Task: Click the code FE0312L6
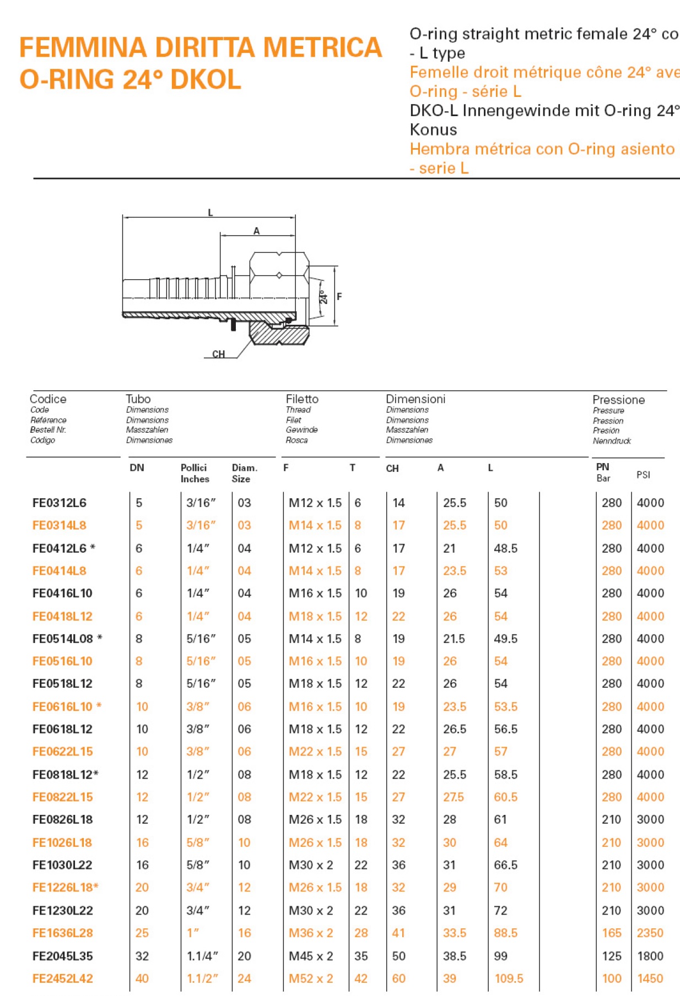pyautogui.click(x=60, y=503)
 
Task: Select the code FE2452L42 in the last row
pyautogui.click(x=63, y=978)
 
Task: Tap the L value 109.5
pyautogui.click(x=509, y=978)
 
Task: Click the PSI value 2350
pyautogui.click(x=650, y=933)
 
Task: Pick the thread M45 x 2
pyautogui.click(x=311, y=956)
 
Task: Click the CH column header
pyautogui.click(x=392, y=469)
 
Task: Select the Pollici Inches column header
pyautogui.click(x=195, y=473)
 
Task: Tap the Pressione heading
pyautogui.click(x=618, y=400)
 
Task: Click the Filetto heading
pyautogui.click(x=302, y=399)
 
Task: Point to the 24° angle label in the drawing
pyautogui.click(x=323, y=297)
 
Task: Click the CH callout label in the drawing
pyautogui.click(x=218, y=354)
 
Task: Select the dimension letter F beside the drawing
pyautogui.click(x=339, y=296)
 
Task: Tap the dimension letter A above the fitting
pyautogui.click(x=256, y=231)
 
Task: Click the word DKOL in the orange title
pyautogui.click(x=206, y=79)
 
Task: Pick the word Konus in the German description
pyautogui.click(x=433, y=130)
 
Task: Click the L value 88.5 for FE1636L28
pyautogui.click(x=505, y=933)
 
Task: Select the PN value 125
pyautogui.click(x=611, y=956)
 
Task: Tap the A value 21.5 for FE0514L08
pyautogui.click(x=454, y=639)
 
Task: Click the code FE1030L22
pyautogui.click(x=62, y=865)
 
